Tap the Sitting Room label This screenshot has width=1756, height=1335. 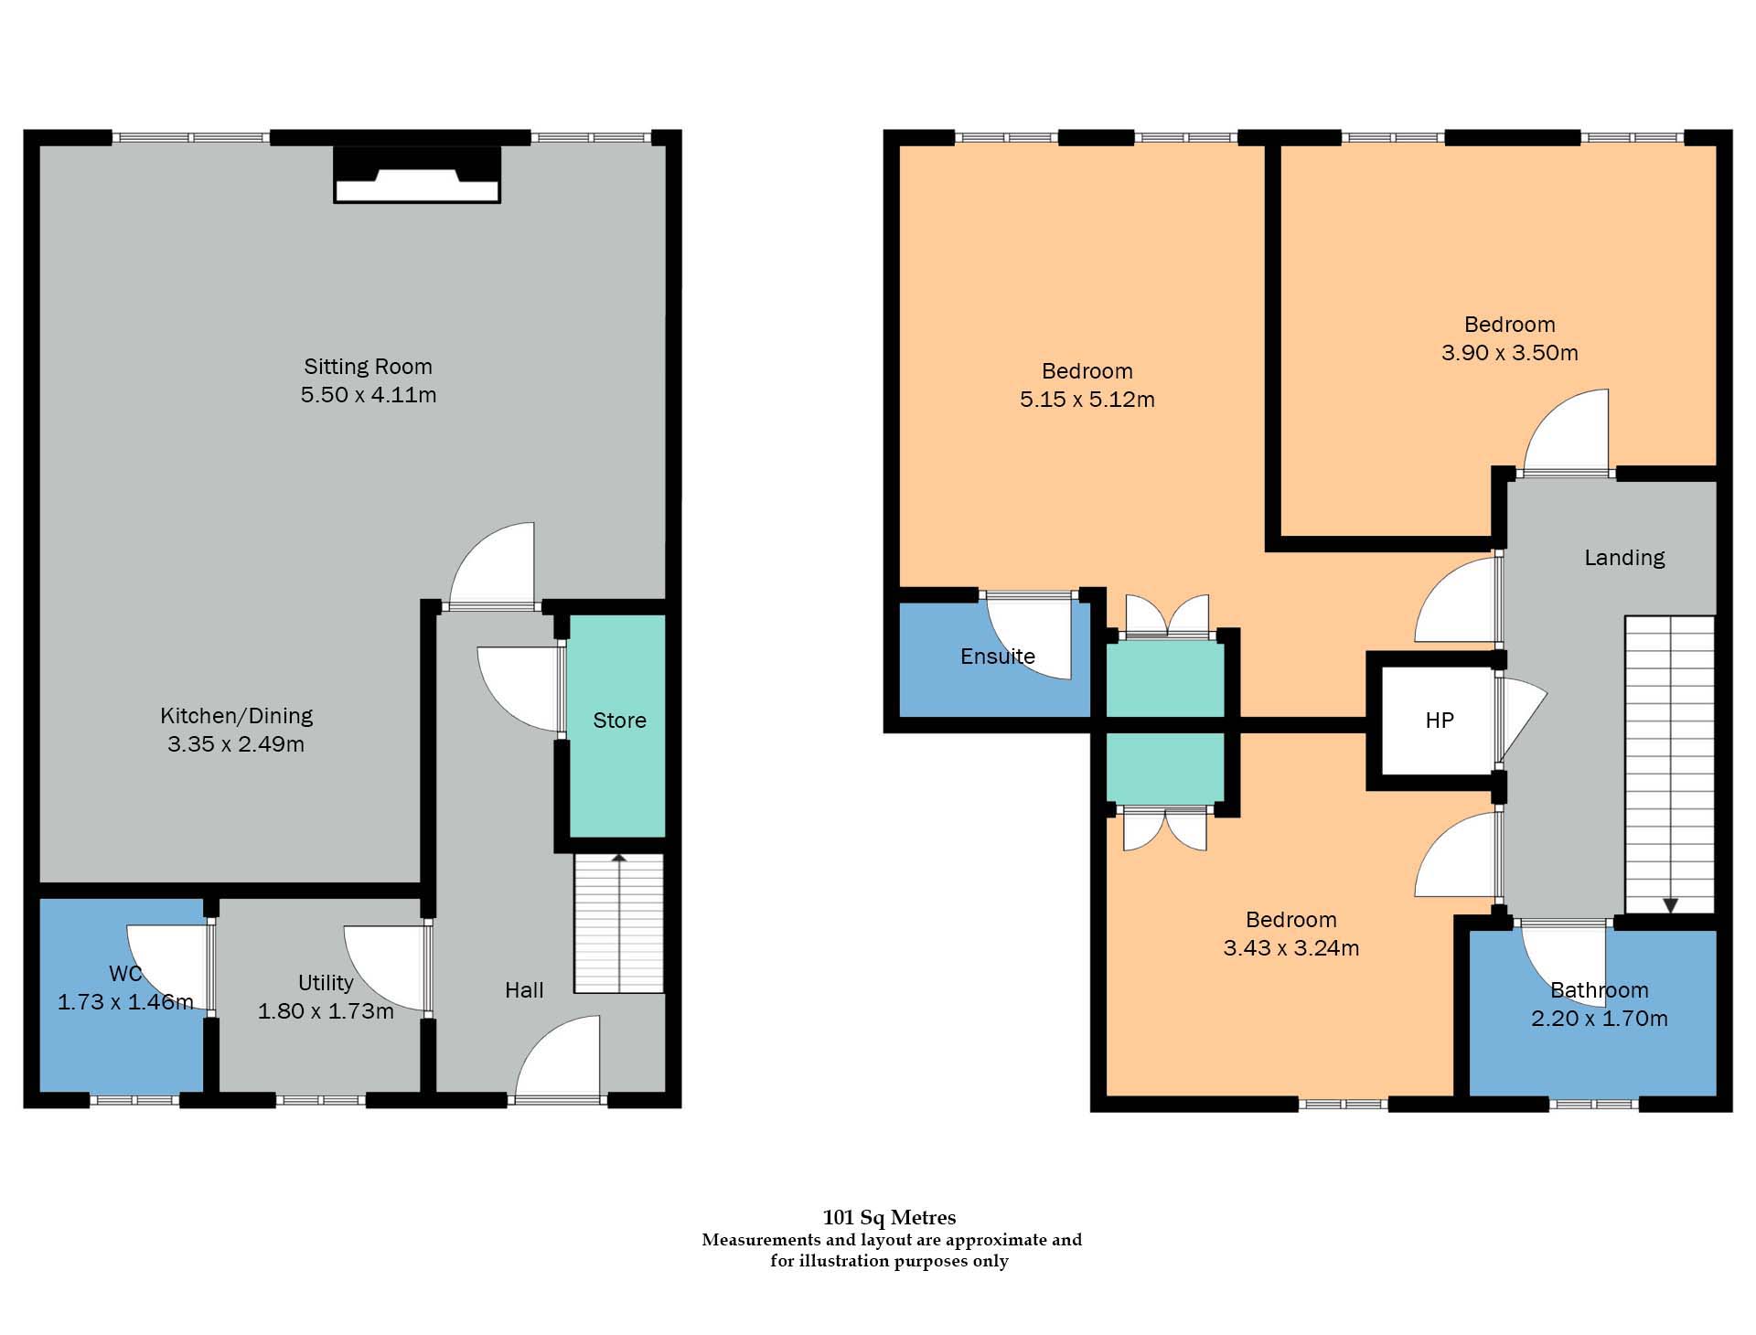pos(368,367)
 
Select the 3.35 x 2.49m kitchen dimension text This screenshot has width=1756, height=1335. pos(236,744)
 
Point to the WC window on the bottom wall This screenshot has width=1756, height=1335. pos(134,1101)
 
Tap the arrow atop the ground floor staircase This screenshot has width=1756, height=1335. pos(619,859)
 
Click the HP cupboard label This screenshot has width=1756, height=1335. pos(1439,721)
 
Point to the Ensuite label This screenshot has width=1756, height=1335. pos(997,657)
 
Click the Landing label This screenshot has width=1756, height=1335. pos(1624,558)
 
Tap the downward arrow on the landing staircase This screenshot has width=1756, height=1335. pos(1670,905)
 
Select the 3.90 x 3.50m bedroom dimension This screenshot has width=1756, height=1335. pos(1509,353)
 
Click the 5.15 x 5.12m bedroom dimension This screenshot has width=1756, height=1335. pos(1087,400)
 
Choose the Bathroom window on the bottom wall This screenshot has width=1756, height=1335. pos(1594,1104)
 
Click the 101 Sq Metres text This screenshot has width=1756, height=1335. pos(889,1217)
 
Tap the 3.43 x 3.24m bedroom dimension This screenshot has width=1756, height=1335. pos(1290,948)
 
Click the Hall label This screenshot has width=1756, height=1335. pos(524,990)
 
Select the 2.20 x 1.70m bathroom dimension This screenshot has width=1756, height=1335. pos(1599,1019)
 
